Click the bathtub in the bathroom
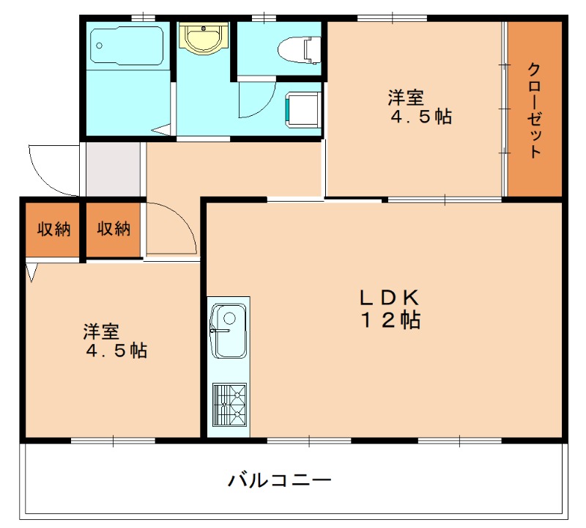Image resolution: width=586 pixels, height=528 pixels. click(127, 46)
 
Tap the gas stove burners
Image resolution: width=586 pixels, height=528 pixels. click(229, 404)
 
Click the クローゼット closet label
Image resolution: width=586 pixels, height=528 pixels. click(534, 110)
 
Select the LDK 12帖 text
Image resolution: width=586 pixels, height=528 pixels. click(387, 309)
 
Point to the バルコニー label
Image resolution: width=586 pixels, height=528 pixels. click(279, 481)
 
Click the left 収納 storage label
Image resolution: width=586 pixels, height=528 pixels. click(53, 229)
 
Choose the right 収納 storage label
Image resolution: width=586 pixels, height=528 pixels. click(114, 229)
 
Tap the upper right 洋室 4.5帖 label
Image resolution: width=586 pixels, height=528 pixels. click(414, 107)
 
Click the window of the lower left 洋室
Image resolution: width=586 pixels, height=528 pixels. click(113, 440)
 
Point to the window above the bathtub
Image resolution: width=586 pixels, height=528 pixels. click(144, 17)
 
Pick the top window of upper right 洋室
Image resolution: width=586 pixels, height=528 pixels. click(392, 17)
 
